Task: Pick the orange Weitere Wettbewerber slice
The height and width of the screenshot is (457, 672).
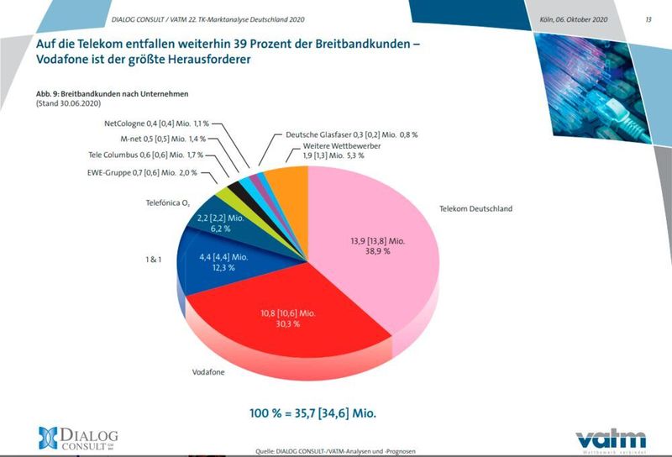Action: tap(293, 177)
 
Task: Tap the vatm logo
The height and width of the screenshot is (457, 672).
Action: tap(611, 438)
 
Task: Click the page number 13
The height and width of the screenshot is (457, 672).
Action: tap(648, 18)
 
